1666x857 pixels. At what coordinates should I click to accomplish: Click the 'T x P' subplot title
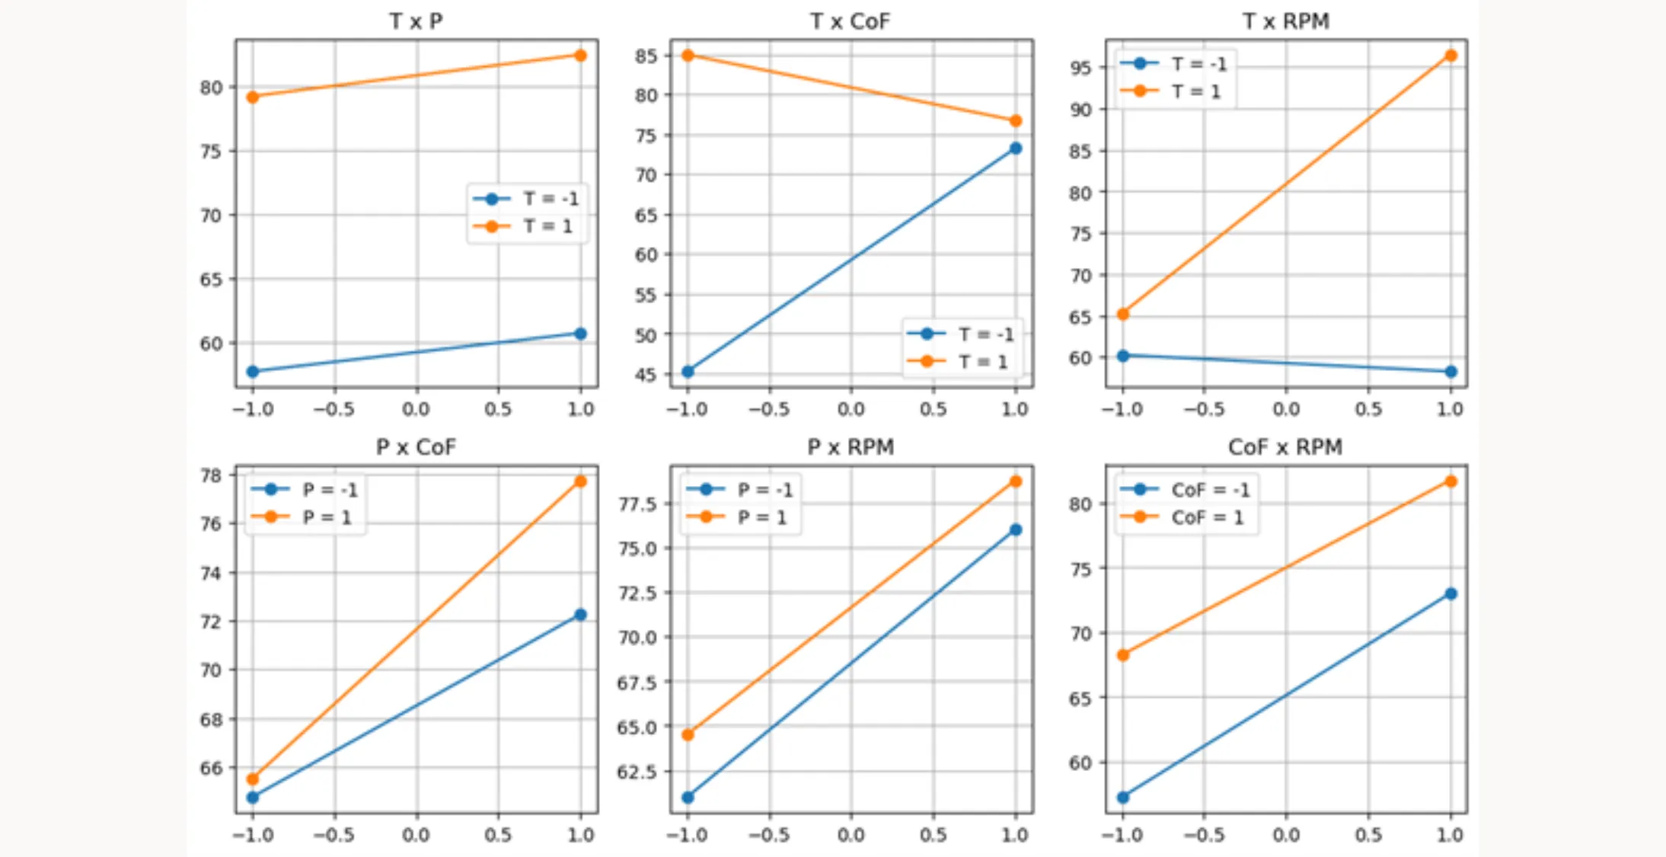click(416, 21)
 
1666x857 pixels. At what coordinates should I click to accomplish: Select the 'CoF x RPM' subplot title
click(1285, 447)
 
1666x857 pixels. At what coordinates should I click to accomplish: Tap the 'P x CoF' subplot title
click(416, 447)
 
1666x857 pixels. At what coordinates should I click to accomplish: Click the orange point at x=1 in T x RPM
click(1451, 56)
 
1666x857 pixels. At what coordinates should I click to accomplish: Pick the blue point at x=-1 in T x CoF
click(688, 372)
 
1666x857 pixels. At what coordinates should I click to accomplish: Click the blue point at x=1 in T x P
click(580, 334)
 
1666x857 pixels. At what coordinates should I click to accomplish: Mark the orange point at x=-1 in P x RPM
click(688, 734)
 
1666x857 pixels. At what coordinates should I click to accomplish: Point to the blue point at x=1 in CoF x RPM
click(1451, 593)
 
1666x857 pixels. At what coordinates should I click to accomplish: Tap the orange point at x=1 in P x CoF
click(580, 481)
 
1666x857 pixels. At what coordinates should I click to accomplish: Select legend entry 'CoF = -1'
click(1210, 490)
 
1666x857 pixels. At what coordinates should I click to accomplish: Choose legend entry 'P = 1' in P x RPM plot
click(761, 517)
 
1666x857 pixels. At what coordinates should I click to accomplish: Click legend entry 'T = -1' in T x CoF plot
click(985, 334)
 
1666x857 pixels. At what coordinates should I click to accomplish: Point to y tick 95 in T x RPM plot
click(1080, 68)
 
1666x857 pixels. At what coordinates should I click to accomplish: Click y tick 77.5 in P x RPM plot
click(637, 504)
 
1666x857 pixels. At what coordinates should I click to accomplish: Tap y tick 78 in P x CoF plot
click(211, 475)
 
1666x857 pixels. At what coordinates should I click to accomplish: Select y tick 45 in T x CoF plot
click(646, 375)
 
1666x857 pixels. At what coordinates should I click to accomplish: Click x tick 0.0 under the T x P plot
click(416, 410)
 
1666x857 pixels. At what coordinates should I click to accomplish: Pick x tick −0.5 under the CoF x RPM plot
click(1204, 836)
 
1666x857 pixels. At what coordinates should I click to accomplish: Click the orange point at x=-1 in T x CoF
click(688, 56)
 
